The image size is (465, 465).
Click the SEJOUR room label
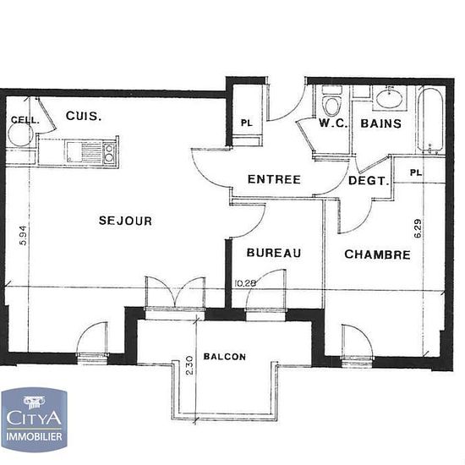click(x=125, y=221)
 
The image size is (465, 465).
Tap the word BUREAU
click(x=274, y=253)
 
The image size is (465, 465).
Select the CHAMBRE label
click(x=378, y=254)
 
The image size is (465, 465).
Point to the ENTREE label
click(x=274, y=179)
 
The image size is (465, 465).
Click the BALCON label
click(x=225, y=357)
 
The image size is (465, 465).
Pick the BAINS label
click(x=381, y=123)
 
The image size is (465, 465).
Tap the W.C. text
click(x=333, y=123)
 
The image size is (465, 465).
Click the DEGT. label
click(x=369, y=181)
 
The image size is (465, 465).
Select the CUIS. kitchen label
click(x=84, y=116)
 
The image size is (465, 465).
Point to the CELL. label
click(x=25, y=120)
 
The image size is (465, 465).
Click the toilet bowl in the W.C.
click(x=332, y=106)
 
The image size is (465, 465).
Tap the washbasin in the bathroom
click(x=389, y=98)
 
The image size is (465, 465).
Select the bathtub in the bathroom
click(x=430, y=120)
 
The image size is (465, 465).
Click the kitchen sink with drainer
click(x=84, y=152)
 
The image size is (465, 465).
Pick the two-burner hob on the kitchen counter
click(x=109, y=152)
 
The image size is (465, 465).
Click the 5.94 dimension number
click(x=23, y=236)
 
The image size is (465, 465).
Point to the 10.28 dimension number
click(x=245, y=283)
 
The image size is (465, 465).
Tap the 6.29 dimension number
click(x=418, y=228)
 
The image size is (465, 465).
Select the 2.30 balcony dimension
click(x=189, y=365)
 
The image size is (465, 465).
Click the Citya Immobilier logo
click(x=34, y=419)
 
